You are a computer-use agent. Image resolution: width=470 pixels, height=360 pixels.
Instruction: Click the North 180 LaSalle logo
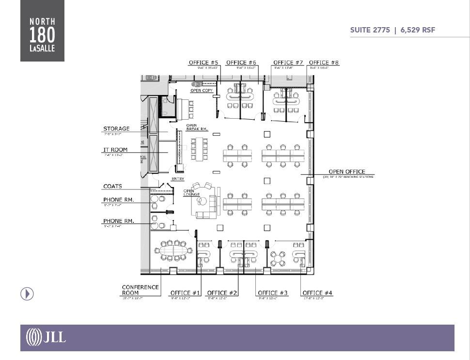[x=42, y=31]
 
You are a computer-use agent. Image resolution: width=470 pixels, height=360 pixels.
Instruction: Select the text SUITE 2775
[x=370, y=30]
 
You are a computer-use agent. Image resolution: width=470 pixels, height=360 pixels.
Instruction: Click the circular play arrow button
[x=27, y=294]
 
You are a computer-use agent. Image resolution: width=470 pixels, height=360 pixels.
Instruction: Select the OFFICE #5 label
[x=204, y=63]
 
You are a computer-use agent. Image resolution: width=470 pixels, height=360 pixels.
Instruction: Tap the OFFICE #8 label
[x=324, y=63]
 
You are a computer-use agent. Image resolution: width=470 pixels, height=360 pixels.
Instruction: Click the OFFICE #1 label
[x=185, y=293]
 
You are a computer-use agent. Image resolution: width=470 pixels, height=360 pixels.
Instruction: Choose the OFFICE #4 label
[x=317, y=293]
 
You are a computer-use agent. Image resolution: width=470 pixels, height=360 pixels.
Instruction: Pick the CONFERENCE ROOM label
[x=140, y=290]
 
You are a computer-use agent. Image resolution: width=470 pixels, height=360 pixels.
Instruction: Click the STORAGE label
[x=116, y=129]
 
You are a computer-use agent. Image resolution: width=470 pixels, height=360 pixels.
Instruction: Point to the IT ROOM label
[x=115, y=150]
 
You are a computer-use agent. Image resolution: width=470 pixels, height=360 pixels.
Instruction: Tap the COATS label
[x=112, y=186]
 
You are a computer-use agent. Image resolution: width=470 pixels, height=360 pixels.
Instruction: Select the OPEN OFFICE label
[x=347, y=172]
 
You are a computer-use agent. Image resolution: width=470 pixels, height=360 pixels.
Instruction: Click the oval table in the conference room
[x=173, y=251]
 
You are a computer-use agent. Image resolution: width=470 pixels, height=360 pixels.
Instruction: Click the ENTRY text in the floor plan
[x=178, y=179]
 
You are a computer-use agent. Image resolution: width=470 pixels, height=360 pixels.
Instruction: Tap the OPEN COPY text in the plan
[x=202, y=91]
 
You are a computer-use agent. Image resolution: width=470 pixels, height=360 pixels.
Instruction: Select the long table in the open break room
[x=199, y=149]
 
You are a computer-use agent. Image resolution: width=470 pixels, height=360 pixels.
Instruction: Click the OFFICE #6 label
[x=241, y=63]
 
